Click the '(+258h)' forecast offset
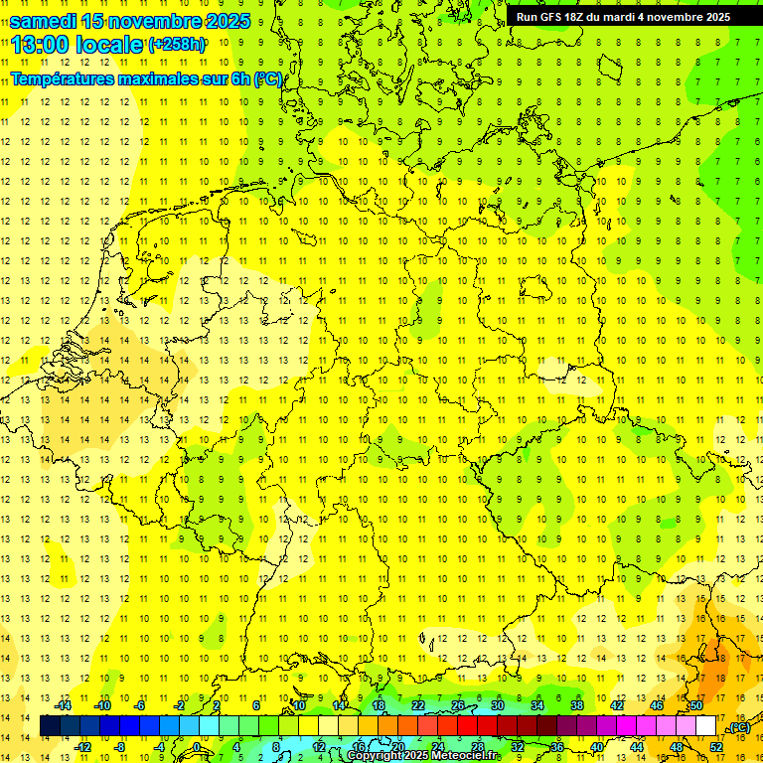coord(177,45)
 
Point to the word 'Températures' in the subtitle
coord(58,78)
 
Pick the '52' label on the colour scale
coord(715,747)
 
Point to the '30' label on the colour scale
coord(497,705)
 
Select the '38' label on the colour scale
coord(576,705)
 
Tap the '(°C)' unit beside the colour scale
coord(738,728)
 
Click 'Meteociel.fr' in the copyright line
coord(467,756)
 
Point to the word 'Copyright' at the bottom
coord(375,756)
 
